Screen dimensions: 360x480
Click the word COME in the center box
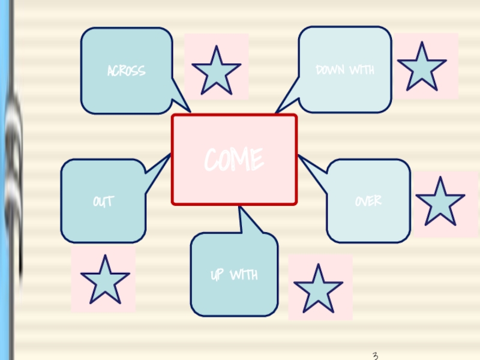point(234,160)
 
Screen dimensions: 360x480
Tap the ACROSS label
point(126,71)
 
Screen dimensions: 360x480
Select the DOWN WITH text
point(345,70)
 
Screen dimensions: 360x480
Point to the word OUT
point(103,201)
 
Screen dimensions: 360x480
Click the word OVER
point(368,201)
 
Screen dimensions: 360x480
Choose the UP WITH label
point(234,275)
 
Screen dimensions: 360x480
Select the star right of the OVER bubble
point(440,202)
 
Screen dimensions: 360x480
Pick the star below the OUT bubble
point(105,280)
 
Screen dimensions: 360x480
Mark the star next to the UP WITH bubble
point(318,289)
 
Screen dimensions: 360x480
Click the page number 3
point(375,356)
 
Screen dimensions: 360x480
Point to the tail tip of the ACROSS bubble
point(189,111)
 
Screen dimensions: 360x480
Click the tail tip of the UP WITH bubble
point(239,208)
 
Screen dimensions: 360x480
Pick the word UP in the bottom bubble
point(217,275)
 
